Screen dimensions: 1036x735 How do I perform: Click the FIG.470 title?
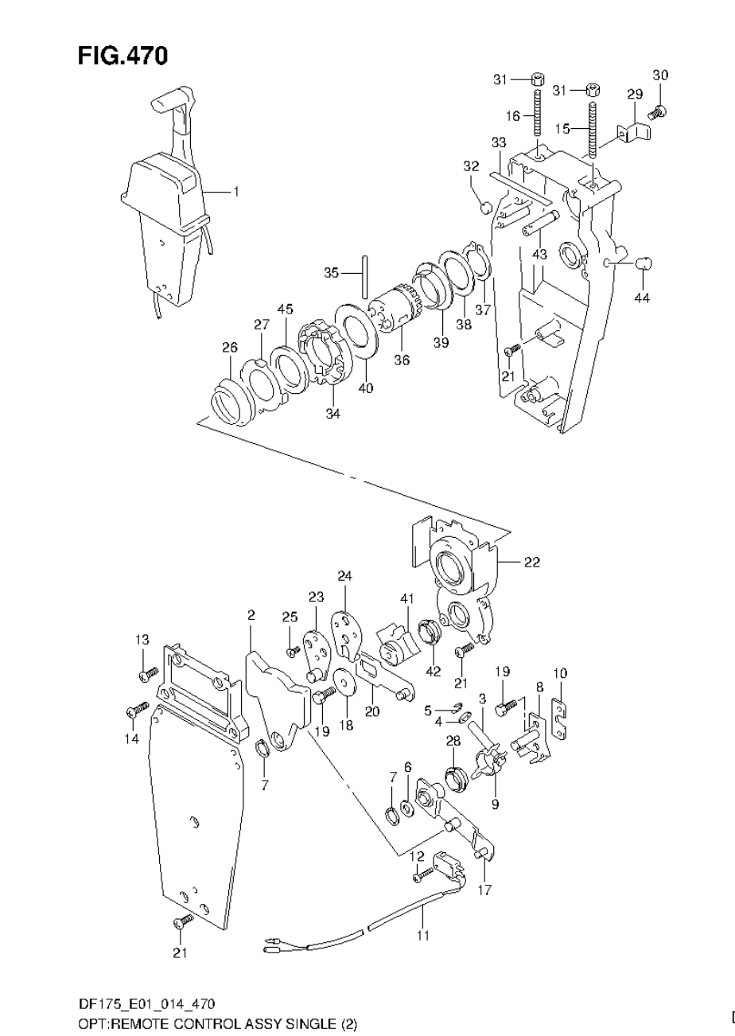point(122,56)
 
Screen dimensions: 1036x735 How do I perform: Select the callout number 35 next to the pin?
point(332,273)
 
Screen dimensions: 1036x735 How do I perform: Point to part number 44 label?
point(642,298)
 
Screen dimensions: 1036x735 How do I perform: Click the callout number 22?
point(531,562)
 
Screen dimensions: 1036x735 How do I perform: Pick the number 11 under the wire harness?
point(422,936)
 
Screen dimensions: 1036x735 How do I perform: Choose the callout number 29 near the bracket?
point(634,95)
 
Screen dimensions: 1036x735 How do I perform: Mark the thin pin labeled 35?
point(364,275)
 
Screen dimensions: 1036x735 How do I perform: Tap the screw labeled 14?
point(138,707)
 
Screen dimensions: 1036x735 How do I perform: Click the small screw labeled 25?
point(293,650)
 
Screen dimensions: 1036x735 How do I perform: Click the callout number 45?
point(285,309)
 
